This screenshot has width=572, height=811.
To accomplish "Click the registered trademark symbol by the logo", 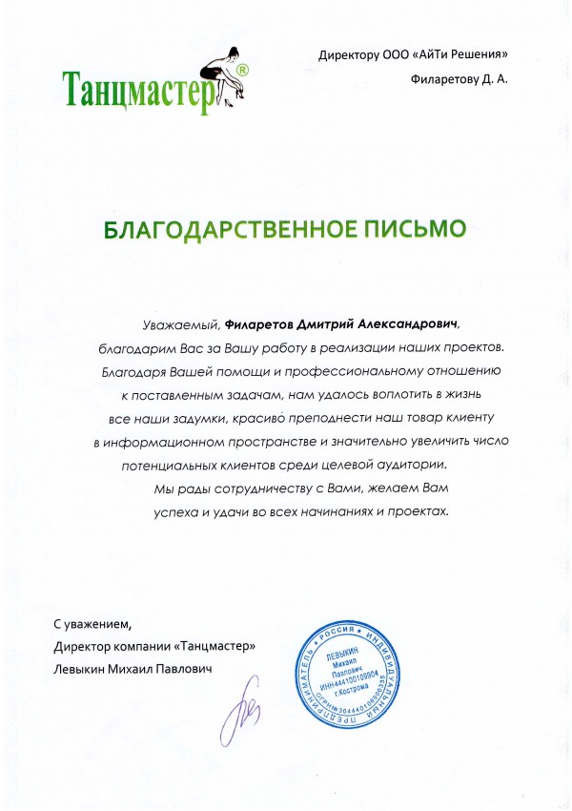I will click(244, 71).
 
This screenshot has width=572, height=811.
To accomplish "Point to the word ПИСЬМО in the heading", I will click(417, 230).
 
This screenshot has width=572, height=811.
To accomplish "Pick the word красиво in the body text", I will click(267, 418).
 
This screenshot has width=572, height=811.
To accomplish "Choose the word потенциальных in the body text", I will click(173, 466).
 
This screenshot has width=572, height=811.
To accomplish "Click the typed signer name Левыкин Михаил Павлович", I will click(133, 670).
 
